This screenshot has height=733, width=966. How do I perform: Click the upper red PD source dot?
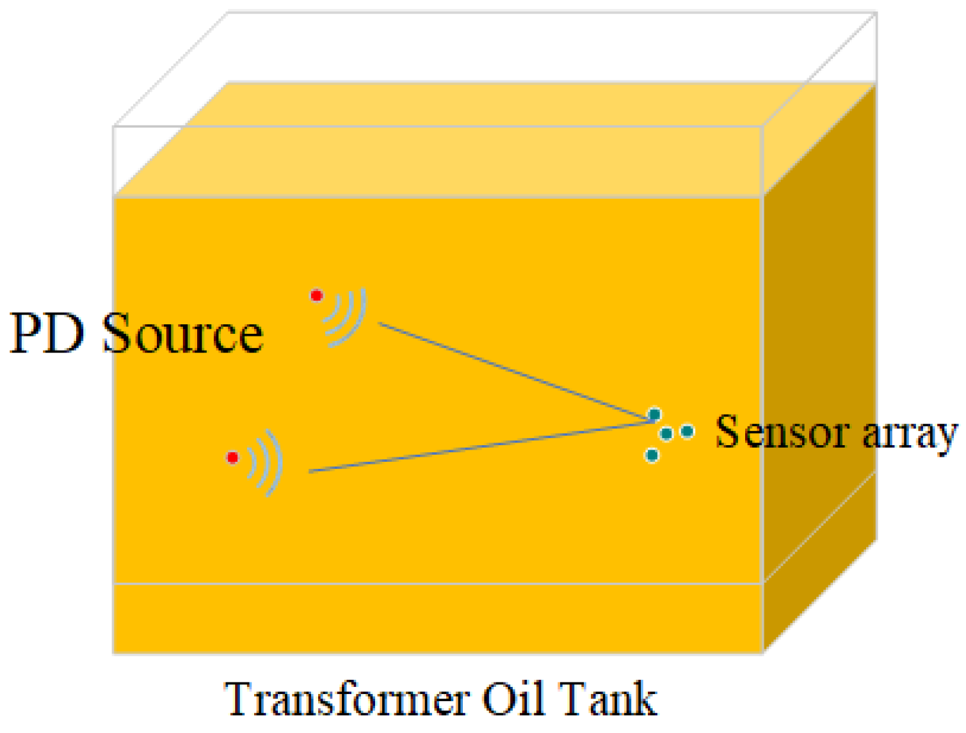[316, 296]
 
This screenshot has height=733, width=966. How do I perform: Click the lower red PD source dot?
[233, 457]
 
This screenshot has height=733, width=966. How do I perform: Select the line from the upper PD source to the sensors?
[512, 371]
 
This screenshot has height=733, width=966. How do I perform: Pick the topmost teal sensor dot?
[654, 414]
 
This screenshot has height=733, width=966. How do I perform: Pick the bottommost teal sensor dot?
[652, 455]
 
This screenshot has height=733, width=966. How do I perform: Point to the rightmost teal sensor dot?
[687, 432]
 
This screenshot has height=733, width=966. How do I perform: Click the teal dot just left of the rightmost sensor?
[666, 434]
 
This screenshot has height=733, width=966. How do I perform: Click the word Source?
[183, 333]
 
